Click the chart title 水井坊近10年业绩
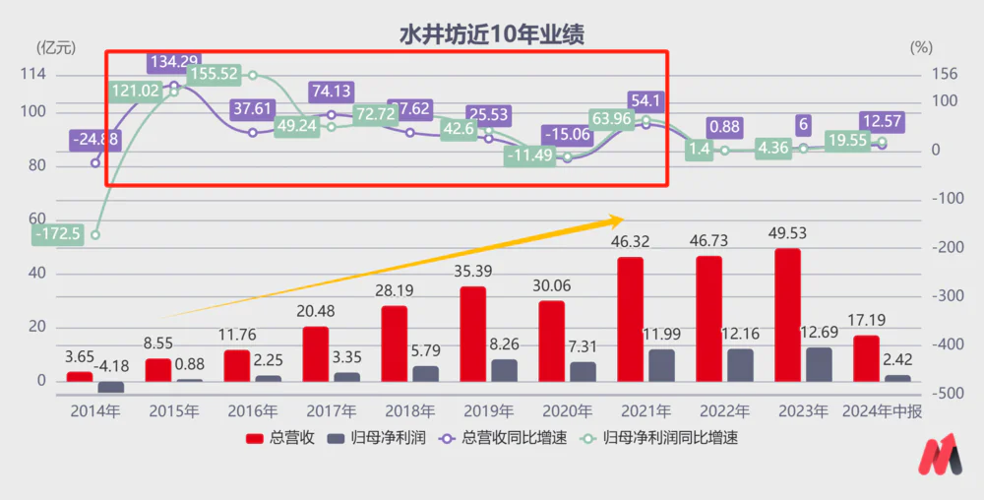(x=491, y=34)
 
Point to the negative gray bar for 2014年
(x=111, y=387)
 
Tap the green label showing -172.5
(x=57, y=234)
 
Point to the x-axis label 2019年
(x=489, y=411)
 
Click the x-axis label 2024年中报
(x=882, y=411)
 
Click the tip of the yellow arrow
(x=625, y=218)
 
